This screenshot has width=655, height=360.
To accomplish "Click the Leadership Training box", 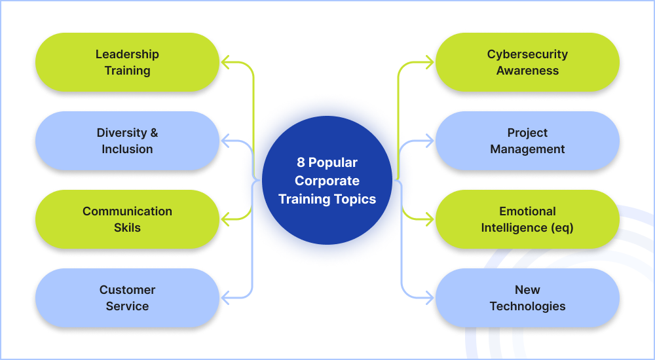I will [x=127, y=62].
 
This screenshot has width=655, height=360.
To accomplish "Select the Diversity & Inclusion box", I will [x=127, y=141].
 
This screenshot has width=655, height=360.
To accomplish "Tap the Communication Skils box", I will [x=127, y=219].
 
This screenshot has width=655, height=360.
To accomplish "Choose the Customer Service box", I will [x=127, y=298].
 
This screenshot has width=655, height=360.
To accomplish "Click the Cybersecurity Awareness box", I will [x=527, y=62].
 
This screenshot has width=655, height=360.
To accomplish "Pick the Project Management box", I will [x=527, y=141].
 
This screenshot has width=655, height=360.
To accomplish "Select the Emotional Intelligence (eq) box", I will [x=527, y=219].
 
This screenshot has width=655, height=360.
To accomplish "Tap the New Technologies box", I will [x=527, y=298].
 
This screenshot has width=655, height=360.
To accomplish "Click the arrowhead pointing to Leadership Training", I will [x=226, y=63].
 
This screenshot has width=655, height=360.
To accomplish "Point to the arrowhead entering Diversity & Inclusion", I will [x=226, y=141].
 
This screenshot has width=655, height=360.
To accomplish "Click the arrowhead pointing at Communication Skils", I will [x=226, y=219].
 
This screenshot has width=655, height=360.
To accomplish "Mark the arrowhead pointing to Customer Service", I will [x=226, y=298].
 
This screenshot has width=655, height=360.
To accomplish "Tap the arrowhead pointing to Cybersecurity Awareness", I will [x=429, y=63].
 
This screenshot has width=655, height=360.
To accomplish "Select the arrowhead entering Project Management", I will [x=429, y=141].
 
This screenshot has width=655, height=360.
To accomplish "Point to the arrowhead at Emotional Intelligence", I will [x=429, y=219].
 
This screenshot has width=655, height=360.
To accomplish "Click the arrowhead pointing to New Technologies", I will [x=429, y=298].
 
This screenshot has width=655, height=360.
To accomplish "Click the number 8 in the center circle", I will [x=301, y=162].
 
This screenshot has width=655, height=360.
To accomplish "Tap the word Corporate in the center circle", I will [x=327, y=181].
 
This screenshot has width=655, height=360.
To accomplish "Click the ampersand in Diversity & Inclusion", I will [x=154, y=133].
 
